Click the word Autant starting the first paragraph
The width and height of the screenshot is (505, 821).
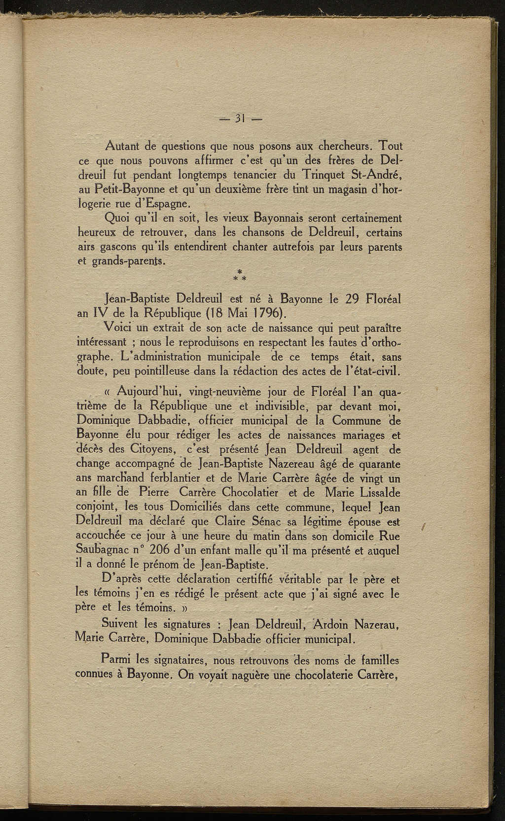click(122, 147)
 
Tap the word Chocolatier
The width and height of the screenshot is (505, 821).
click(251, 493)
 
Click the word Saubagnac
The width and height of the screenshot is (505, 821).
click(103, 550)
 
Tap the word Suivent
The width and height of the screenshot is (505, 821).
click(120, 625)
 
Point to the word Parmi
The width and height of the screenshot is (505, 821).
click(116, 659)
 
